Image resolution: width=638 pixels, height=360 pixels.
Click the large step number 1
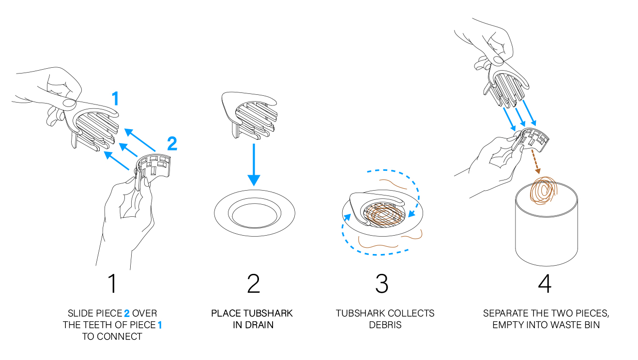113,283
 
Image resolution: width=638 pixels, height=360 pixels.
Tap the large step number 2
254,283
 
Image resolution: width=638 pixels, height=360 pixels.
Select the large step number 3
381,284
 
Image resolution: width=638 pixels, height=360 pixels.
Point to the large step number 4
545,284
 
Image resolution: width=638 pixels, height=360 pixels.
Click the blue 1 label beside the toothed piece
115,99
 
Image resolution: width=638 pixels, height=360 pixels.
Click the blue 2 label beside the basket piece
172,143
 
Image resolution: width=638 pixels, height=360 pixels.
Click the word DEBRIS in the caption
385,325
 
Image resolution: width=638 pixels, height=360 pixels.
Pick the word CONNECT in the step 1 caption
124,336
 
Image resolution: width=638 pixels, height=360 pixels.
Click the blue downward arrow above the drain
254,165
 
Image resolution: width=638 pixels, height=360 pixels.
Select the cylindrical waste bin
547,225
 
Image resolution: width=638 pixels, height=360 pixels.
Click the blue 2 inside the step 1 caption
127,314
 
